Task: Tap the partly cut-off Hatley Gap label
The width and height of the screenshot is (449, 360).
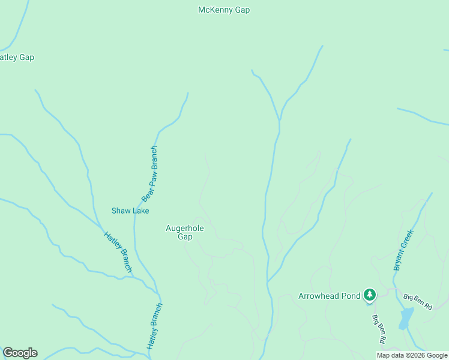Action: pyautogui.click(x=17, y=58)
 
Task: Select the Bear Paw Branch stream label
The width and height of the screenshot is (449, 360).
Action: pyautogui.click(x=149, y=174)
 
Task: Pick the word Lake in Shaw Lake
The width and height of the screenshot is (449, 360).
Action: pyautogui.click(x=140, y=211)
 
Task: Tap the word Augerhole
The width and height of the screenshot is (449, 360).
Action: pyautogui.click(x=185, y=229)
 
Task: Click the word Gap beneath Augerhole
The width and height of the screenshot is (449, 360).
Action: pyautogui.click(x=185, y=236)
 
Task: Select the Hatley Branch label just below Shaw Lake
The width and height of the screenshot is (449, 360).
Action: pyautogui.click(x=118, y=252)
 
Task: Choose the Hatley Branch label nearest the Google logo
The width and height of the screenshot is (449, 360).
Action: pyautogui.click(x=155, y=326)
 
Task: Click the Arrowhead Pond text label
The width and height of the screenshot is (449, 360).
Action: pyautogui.click(x=330, y=296)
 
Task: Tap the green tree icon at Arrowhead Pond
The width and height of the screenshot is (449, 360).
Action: pyautogui.click(x=370, y=295)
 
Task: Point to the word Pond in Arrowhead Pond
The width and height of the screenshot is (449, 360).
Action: pyautogui.click(x=351, y=296)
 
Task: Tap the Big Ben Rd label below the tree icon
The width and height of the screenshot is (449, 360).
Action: pyautogui.click(x=379, y=328)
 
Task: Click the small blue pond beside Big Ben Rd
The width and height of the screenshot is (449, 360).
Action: pyautogui.click(x=407, y=316)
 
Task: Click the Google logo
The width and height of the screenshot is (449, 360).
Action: pyautogui.click(x=20, y=353)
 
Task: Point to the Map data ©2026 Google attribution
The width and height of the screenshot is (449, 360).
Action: pyautogui.click(x=412, y=355)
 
